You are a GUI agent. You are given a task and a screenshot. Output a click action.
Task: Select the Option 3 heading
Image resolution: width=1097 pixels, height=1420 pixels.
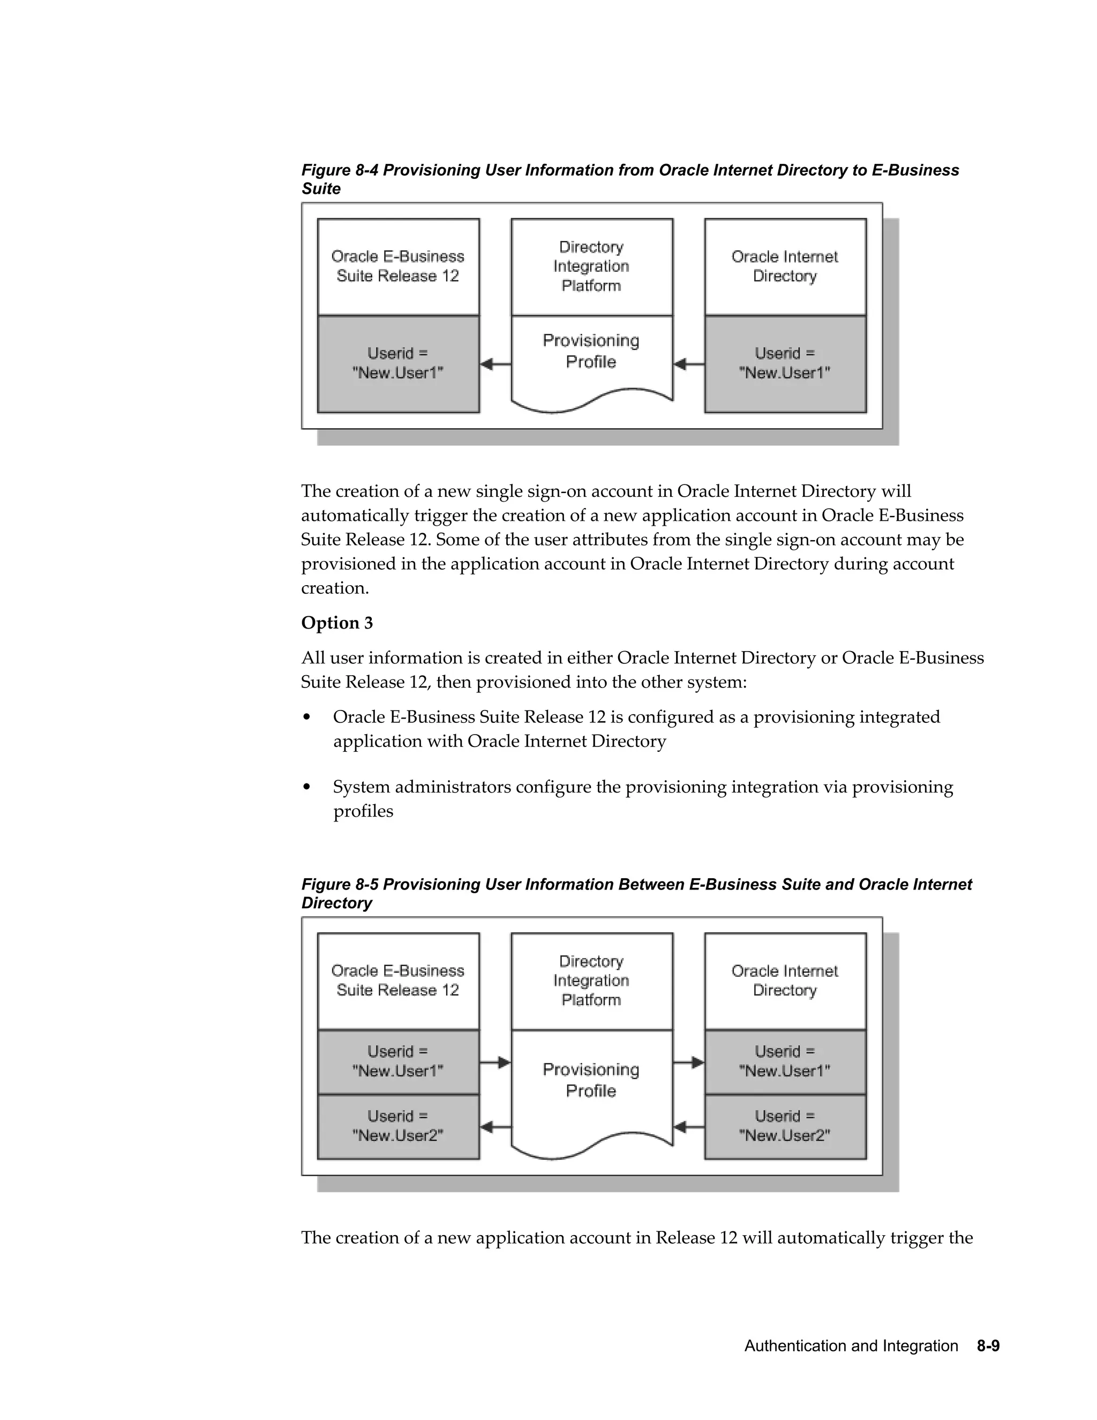[x=336, y=623]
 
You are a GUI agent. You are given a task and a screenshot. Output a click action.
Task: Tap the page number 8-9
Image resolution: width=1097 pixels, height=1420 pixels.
[x=988, y=1346]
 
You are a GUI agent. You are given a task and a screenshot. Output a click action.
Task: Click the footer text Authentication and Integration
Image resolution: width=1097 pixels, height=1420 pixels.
[x=851, y=1346]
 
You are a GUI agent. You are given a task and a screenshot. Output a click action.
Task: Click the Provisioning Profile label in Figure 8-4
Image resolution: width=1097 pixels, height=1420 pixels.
[x=591, y=351]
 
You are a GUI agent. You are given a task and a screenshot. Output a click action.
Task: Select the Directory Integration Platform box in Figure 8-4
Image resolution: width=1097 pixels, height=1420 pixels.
[x=591, y=266]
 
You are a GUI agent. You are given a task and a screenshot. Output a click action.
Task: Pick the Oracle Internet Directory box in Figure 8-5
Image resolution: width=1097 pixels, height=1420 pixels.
[x=785, y=981]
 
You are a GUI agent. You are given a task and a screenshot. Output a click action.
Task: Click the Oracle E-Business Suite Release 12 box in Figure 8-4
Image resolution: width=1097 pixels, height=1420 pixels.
[x=398, y=266]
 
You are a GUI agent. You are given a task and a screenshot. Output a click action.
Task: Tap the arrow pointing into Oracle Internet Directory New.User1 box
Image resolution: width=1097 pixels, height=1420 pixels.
[x=689, y=1063]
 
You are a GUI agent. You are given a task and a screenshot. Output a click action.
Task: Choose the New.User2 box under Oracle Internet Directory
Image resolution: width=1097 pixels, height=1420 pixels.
[x=785, y=1126]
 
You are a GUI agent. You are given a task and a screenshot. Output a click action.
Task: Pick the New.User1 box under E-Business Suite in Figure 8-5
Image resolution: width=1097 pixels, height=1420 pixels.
[x=398, y=1061]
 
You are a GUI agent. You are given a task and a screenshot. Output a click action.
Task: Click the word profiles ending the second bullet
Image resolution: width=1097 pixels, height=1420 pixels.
[x=363, y=811]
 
